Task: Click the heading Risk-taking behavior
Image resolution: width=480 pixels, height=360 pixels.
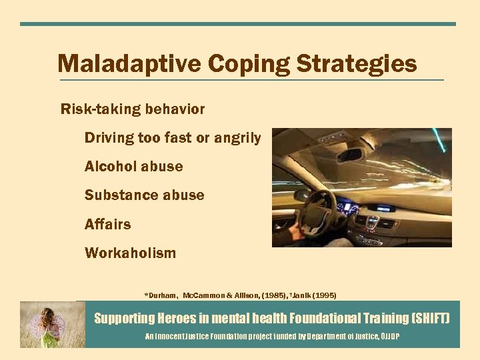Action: (x=133, y=109)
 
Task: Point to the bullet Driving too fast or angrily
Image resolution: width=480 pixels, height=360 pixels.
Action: (x=173, y=138)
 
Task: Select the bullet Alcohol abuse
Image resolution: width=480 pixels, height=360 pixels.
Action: (x=133, y=167)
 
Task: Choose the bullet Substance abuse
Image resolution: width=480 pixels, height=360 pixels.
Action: (x=144, y=195)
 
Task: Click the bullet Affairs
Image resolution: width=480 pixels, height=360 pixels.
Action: (x=107, y=225)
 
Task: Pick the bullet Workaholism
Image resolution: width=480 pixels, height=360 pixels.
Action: (x=130, y=253)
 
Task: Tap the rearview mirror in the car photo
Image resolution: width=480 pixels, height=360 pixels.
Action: (x=350, y=154)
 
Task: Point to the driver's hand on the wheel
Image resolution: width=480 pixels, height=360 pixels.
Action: (x=287, y=234)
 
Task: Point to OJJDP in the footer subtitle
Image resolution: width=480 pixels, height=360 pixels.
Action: (x=390, y=337)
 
